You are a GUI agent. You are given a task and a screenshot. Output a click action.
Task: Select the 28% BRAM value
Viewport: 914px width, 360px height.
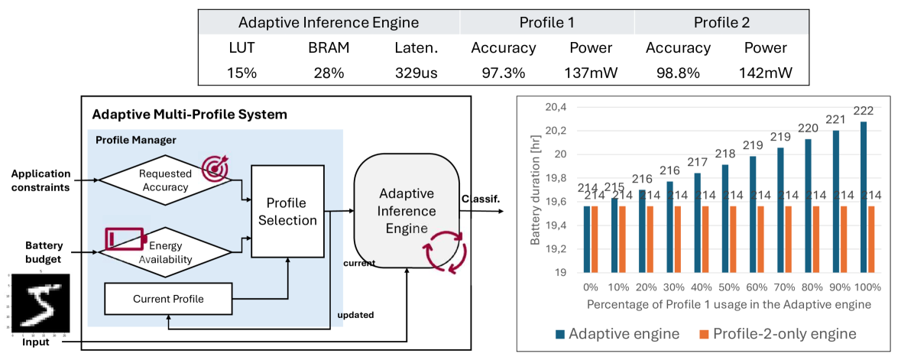tap(329, 73)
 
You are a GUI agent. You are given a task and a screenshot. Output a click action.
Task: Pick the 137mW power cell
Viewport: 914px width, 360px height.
tap(591, 73)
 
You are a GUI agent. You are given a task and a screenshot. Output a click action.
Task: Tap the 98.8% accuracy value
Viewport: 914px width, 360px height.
tap(678, 73)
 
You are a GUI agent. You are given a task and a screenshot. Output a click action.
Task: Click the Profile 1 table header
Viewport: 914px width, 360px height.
tap(546, 22)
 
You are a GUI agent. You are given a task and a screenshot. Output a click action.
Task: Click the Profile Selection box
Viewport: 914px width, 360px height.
tap(290, 212)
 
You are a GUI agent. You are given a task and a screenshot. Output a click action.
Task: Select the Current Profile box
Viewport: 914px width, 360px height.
tap(168, 298)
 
